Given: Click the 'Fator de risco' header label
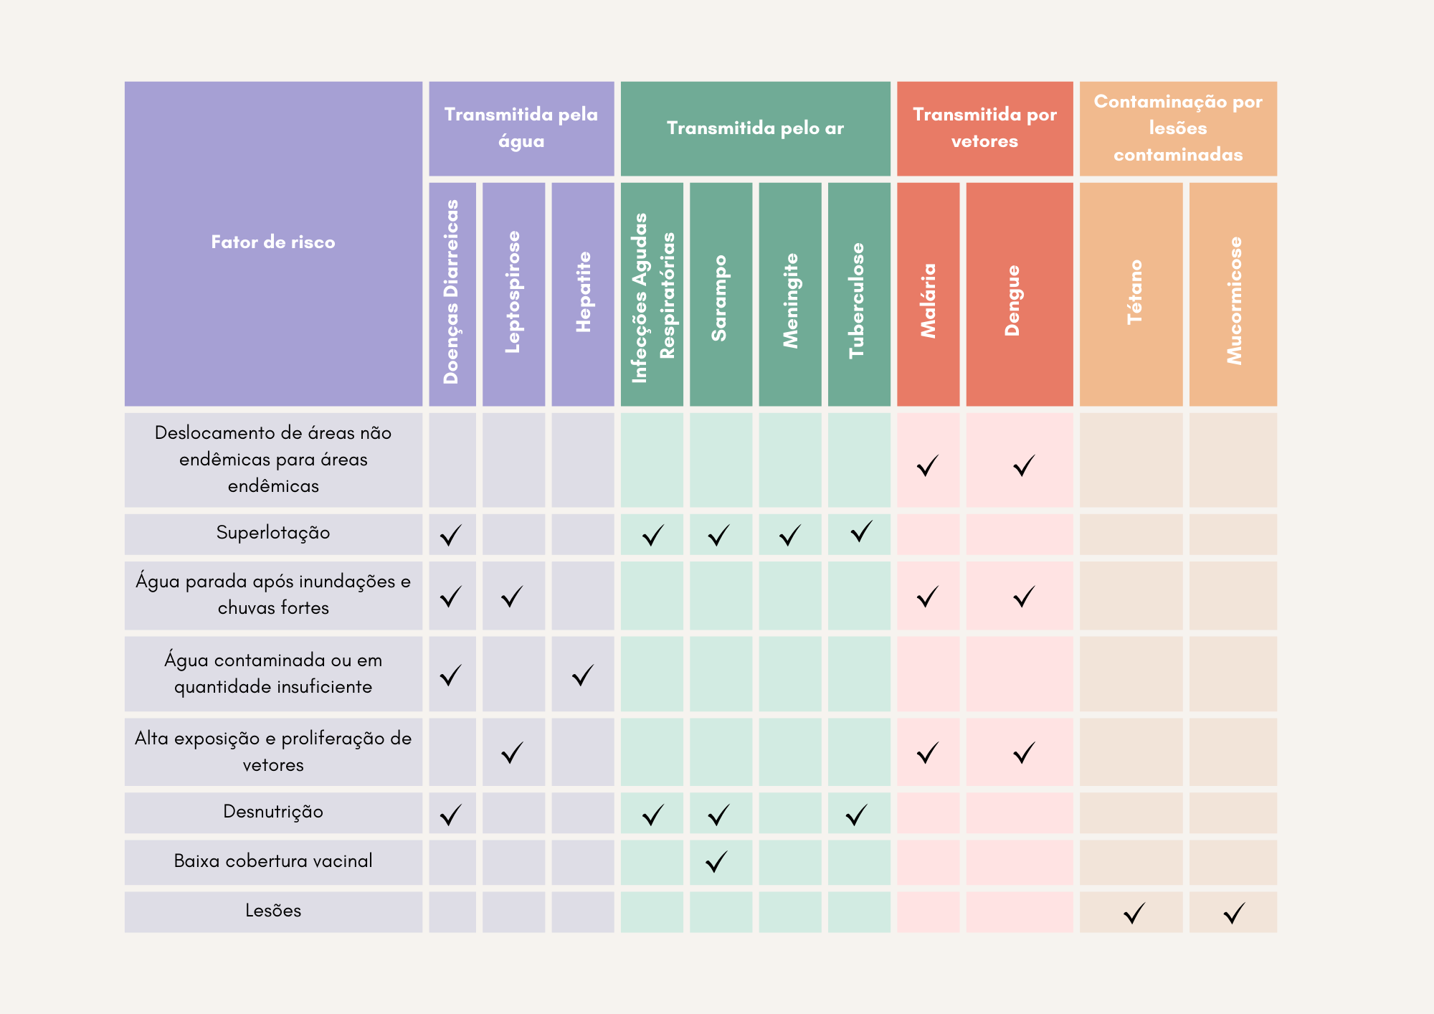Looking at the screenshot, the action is [x=273, y=242].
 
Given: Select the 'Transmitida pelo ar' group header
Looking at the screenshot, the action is [x=755, y=128].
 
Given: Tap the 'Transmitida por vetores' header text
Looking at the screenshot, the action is [x=984, y=128].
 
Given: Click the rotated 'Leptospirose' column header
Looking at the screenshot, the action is [x=513, y=292].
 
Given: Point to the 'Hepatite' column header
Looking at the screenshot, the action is [x=584, y=292].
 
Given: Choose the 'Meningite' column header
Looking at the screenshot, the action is [x=790, y=300].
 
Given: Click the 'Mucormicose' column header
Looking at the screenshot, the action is [x=1234, y=300].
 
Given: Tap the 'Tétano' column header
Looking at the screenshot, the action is [x=1134, y=292].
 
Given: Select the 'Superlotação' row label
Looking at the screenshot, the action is [x=273, y=533].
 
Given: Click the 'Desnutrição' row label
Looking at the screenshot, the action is [x=273, y=812].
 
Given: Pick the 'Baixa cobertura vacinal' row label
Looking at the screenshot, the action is [x=273, y=861].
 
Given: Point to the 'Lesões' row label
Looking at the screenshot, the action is [x=273, y=911].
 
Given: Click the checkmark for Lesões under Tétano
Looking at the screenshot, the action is [x=1134, y=914].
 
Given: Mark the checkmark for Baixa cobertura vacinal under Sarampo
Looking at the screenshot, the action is [x=717, y=862].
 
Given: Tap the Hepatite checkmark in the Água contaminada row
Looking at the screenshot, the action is [x=583, y=676].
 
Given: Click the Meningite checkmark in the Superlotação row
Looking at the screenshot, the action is [x=789, y=536].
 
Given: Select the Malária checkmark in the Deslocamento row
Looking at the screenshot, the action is [x=928, y=466].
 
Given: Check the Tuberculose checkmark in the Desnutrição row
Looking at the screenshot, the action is [x=857, y=815].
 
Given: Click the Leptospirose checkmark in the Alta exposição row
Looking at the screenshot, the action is [x=512, y=753].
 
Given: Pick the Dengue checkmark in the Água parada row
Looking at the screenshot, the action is [x=1024, y=597].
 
